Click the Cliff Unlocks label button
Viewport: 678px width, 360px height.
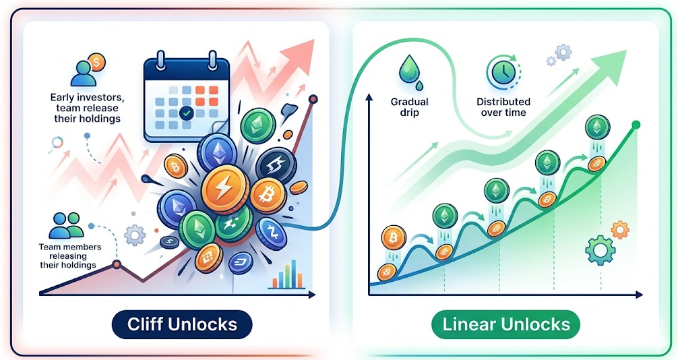181,324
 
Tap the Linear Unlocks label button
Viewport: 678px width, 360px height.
506,324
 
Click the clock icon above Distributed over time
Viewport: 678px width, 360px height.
503,72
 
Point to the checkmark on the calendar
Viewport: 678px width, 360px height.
187,114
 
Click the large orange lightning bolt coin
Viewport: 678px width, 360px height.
225,189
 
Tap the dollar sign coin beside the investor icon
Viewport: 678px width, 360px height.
96,62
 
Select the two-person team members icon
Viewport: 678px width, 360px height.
66,225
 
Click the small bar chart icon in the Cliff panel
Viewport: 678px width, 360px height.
287,274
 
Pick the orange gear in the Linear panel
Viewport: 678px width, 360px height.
619,230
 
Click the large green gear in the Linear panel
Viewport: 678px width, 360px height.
600,249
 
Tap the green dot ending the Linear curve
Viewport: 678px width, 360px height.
636,125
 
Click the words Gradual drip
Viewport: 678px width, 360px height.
410,107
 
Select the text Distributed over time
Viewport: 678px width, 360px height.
503,107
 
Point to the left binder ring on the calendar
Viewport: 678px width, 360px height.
161,60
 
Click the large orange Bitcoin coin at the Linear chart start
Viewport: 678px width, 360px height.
394,237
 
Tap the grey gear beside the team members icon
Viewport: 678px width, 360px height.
135,235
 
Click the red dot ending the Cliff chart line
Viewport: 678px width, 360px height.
313,100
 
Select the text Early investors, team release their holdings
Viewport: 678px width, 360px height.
85,108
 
